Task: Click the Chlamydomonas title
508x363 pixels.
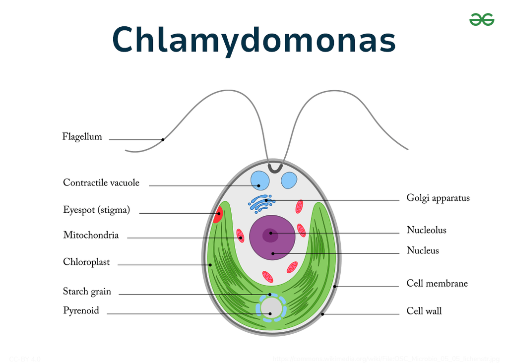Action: pos(254,39)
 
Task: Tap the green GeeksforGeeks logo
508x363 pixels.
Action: pos(482,19)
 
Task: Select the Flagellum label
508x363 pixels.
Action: pos(82,137)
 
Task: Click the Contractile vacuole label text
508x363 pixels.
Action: pos(101,182)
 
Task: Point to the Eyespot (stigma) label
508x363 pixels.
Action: pos(96,210)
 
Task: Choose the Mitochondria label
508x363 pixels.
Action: pos(91,235)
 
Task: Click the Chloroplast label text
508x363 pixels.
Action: pos(86,262)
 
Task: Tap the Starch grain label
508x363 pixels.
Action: pos(87,292)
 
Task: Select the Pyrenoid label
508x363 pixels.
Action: pos(81,311)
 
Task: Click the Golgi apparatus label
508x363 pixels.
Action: pos(438,198)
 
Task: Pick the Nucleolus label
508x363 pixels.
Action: pos(427,230)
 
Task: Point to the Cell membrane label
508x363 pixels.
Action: pos(437,284)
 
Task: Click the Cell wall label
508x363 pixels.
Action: pos(424,311)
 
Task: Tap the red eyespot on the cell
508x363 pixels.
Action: pos(218,215)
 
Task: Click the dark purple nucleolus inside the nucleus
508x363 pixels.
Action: pos(270,234)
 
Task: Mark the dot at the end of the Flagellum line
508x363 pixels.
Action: pos(163,139)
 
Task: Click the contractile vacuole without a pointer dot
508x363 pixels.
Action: pos(289,180)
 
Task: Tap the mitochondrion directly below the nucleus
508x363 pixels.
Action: pos(267,277)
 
